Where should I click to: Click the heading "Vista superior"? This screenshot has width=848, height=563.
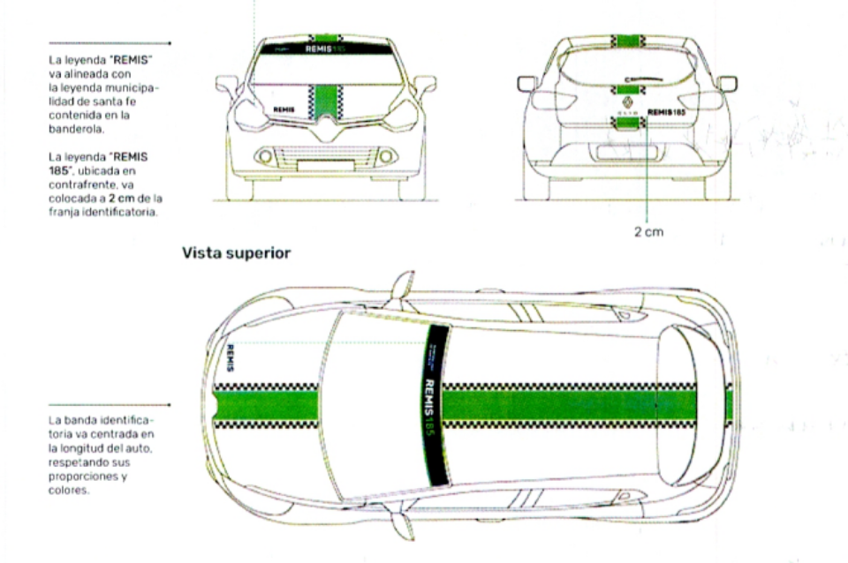pyautogui.click(x=236, y=253)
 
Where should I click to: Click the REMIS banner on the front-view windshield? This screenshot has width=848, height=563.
pyautogui.click(x=323, y=49)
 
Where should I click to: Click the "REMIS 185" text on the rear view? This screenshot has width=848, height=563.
pyautogui.click(x=666, y=113)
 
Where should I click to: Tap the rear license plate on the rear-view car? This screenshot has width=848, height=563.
pyautogui.click(x=627, y=152)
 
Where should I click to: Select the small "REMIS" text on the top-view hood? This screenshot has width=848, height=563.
pyautogui.click(x=231, y=357)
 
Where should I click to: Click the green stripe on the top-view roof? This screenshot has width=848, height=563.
pyautogui.click(x=548, y=405)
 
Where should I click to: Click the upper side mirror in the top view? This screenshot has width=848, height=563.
pyautogui.click(x=402, y=284)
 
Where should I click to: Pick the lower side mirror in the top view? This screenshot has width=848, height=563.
pyautogui.click(x=402, y=527)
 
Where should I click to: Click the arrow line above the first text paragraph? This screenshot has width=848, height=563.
pyautogui.click(x=110, y=42)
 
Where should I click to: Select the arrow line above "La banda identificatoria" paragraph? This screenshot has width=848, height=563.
pyautogui.click(x=110, y=405)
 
